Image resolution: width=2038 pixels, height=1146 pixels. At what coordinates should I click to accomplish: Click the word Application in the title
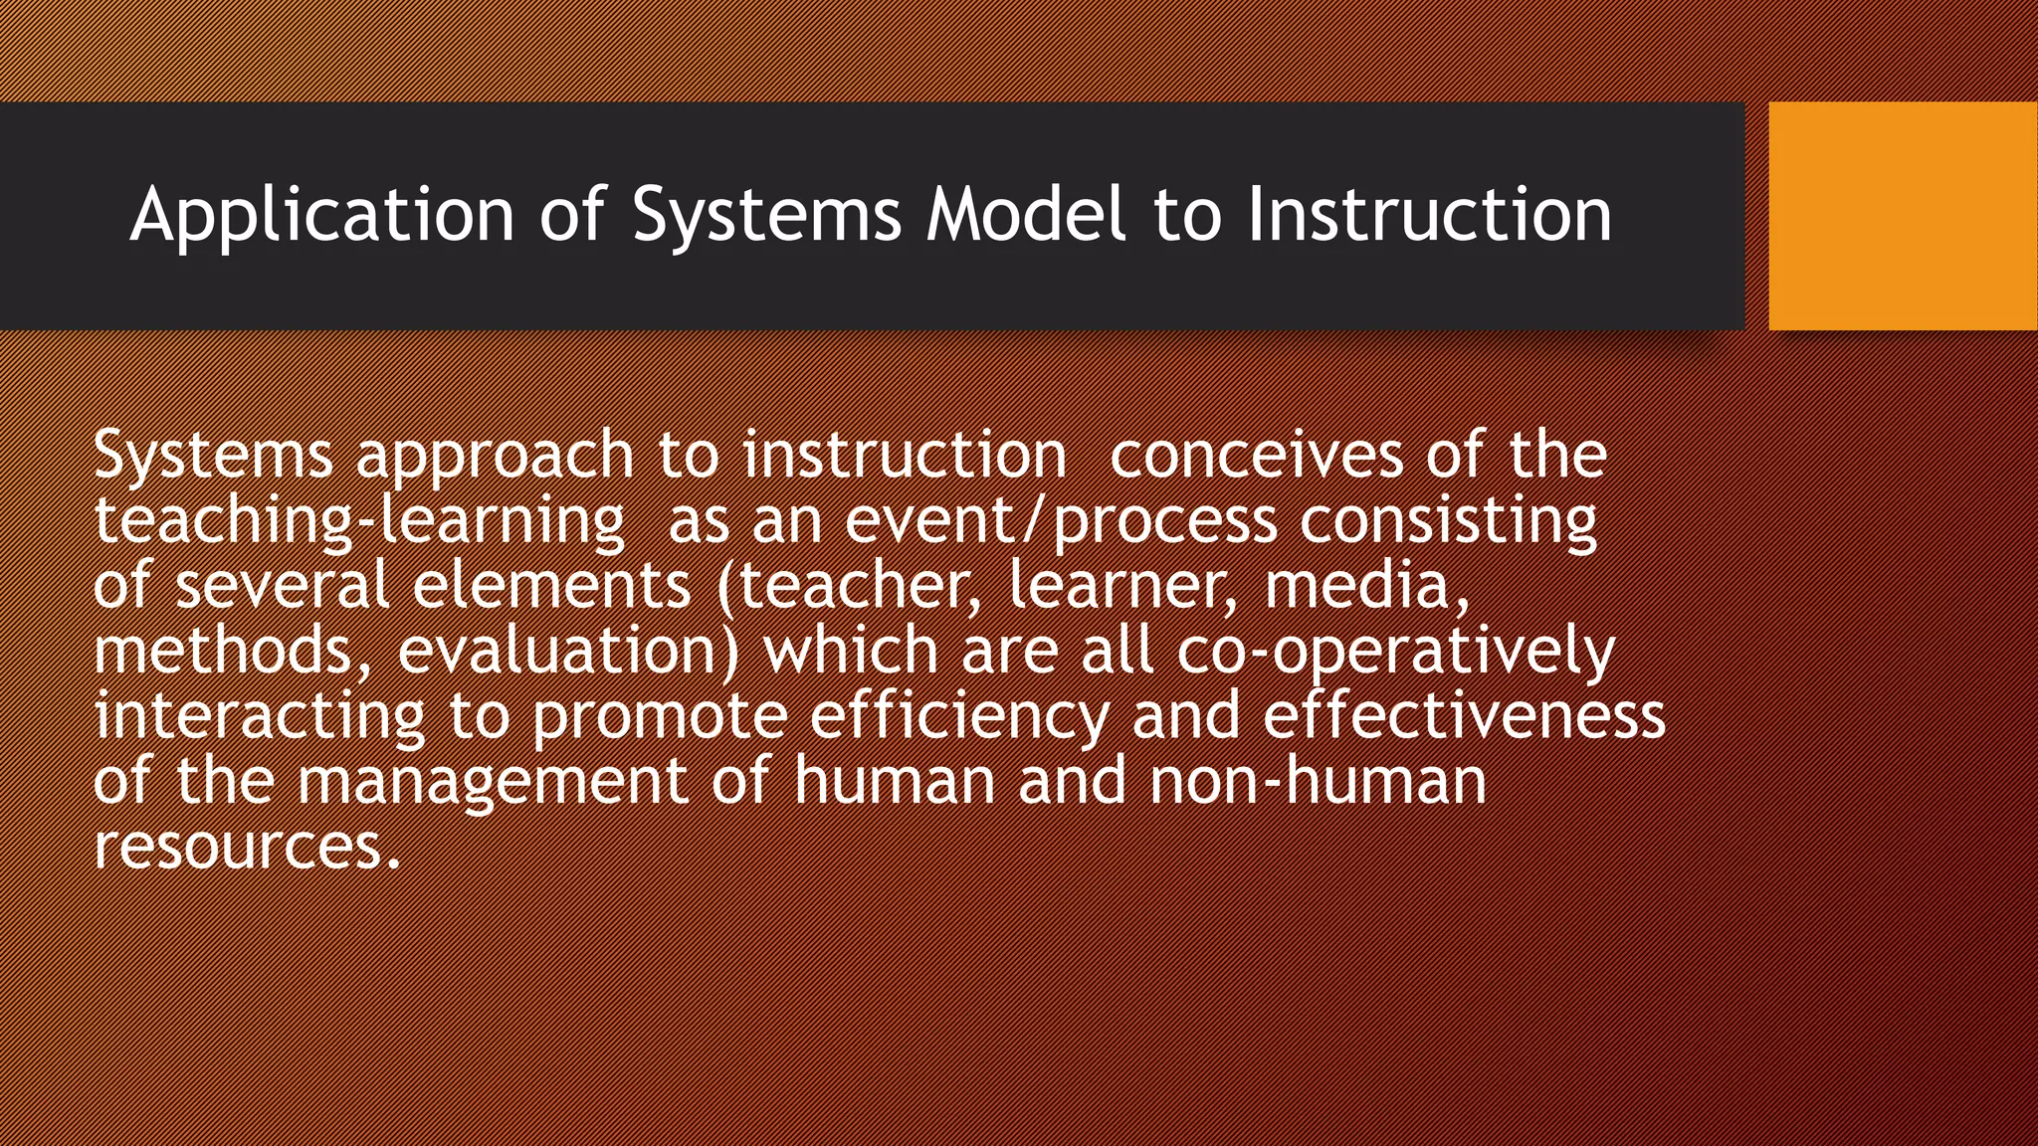pos(321,215)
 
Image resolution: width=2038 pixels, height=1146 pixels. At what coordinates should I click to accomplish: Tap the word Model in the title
pos(1026,215)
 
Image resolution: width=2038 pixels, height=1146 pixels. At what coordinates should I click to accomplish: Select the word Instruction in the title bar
pos(1429,215)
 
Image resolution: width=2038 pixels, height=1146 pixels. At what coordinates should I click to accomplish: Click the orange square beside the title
pos(1902,215)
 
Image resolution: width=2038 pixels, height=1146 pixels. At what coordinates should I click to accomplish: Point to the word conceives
pos(1255,456)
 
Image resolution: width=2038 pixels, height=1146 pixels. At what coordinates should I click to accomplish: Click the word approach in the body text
pos(495,456)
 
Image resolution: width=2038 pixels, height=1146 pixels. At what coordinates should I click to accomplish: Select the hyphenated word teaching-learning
pos(359,521)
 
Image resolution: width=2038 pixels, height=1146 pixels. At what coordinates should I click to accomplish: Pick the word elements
pos(551,585)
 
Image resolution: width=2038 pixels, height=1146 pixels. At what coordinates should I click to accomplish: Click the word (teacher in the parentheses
pos(842,585)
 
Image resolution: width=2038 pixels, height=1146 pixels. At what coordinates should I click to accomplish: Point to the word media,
pos(1366,585)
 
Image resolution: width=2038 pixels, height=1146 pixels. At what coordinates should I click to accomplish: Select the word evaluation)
pos(568,651)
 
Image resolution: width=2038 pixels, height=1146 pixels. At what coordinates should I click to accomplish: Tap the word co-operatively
pos(1395,651)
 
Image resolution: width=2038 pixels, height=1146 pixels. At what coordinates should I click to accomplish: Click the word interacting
pos(260,716)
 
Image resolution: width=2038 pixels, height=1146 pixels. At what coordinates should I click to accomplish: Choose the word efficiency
pos(958,716)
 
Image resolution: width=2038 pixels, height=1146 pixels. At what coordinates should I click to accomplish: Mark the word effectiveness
pos(1464,716)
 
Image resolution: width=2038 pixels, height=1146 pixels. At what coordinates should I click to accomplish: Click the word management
pos(493,781)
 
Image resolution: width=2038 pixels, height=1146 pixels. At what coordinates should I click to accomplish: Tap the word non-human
pos(1318,781)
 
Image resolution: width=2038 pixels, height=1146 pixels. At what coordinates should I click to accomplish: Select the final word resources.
pos(246,847)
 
